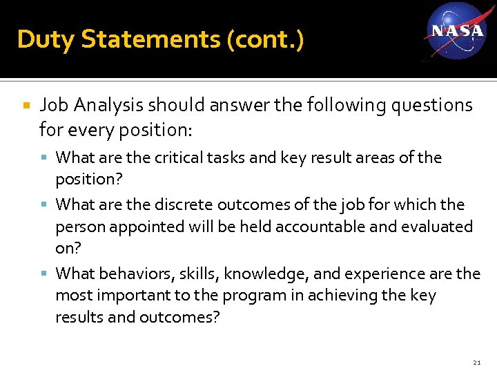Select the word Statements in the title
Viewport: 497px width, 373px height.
point(150,39)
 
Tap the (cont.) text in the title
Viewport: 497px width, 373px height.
point(264,39)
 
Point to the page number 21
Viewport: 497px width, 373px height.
point(477,363)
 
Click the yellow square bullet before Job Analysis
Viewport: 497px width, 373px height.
point(26,106)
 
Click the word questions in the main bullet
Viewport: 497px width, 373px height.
point(430,105)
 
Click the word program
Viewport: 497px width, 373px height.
point(248,296)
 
